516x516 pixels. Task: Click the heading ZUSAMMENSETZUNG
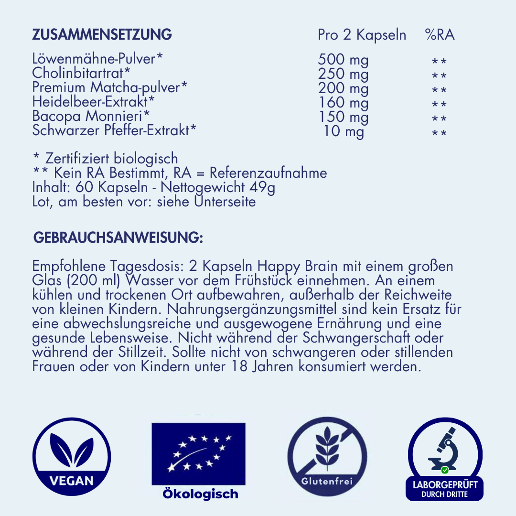tap(102, 35)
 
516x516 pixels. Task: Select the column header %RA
tap(439, 35)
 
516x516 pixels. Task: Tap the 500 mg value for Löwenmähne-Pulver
tap(343, 60)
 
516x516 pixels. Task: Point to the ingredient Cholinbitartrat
tap(81, 74)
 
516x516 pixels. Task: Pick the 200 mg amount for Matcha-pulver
tap(343, 88)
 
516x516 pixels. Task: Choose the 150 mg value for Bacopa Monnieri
tap(343, 116)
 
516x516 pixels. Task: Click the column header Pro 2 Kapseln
tap(362, 35)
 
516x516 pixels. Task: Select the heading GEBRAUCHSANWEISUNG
tap(118, 238)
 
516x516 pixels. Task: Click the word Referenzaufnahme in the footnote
tap(269, 173)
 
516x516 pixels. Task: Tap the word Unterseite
tap(225, 202)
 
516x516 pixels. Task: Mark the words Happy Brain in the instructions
tap(291, 266)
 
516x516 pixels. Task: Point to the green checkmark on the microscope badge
tap(445, 470)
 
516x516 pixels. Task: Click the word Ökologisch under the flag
tap(200, 494)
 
